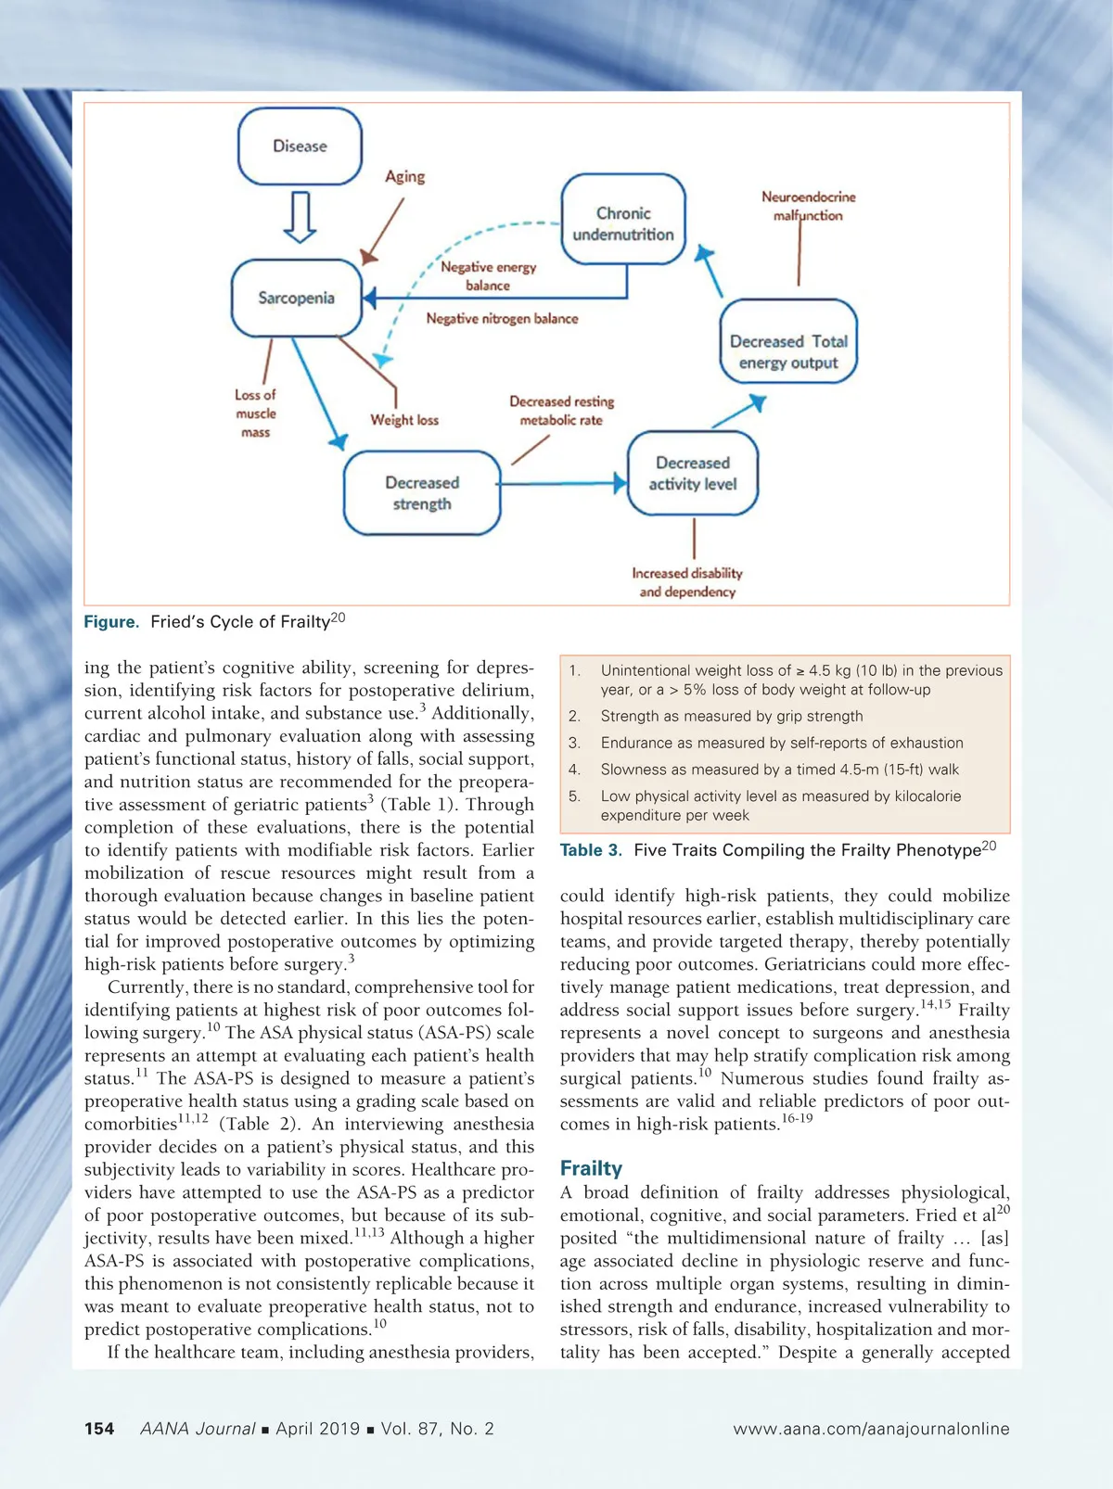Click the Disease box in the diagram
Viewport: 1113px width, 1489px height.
click(x=300, y=146)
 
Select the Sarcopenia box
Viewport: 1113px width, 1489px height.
click(x=296, y=298)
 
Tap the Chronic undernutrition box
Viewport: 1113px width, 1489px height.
click(x=623, y=223)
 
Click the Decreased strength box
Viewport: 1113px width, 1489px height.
click(x=422, y=493)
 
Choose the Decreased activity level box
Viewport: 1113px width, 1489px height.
click(x=693, y=473)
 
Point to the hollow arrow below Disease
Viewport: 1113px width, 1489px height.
click(x=300, y=216)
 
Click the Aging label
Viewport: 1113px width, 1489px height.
click(x=405, y=176)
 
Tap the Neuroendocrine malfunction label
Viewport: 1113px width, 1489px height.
click(x=808, y=206)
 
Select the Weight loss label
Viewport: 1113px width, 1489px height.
click(x=404, y=420)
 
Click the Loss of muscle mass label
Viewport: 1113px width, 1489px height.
click(x=255, y=414)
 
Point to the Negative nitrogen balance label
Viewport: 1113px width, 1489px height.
click(x=502, y=319)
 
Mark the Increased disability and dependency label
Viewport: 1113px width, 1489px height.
click(x=687, y=582)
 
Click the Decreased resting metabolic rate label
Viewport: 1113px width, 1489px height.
click(x=561, y=411)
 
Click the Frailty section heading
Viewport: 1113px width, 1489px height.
click(x=591, y=1168)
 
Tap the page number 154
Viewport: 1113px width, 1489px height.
click(x=99, y=1429)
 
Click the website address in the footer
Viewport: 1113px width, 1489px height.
click(x=871, y=1429)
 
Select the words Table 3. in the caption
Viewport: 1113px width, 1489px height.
click(x=591, y=850)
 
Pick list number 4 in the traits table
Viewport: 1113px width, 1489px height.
click(x=575, y=770)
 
